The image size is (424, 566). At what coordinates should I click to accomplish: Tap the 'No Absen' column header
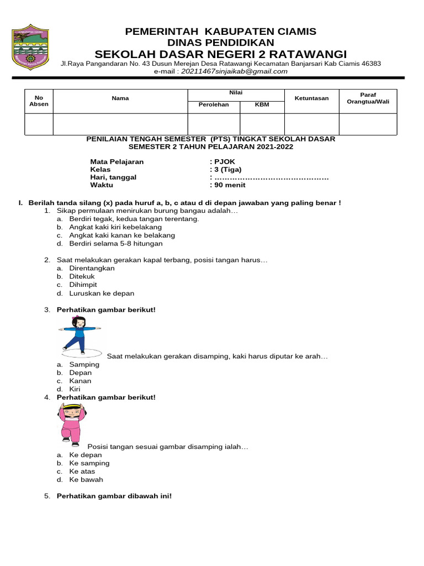39,100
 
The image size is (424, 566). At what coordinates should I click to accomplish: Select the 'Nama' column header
120,98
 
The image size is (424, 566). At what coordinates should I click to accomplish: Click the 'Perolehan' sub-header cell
214,104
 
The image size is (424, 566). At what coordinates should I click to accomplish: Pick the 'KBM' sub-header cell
262,104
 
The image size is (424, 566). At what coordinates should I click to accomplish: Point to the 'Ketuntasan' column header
311,98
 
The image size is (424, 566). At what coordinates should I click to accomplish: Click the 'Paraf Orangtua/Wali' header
368,98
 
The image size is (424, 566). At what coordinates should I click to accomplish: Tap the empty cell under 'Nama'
120,124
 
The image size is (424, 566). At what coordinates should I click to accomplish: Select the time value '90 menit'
230,185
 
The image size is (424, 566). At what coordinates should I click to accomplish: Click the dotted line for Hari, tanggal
271,177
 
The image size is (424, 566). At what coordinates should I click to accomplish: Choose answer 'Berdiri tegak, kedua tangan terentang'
134,219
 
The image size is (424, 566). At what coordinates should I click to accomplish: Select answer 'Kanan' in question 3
80,381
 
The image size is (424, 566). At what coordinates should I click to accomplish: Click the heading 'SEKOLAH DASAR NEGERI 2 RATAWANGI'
221,54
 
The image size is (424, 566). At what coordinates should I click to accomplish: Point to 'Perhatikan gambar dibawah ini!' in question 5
114,496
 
